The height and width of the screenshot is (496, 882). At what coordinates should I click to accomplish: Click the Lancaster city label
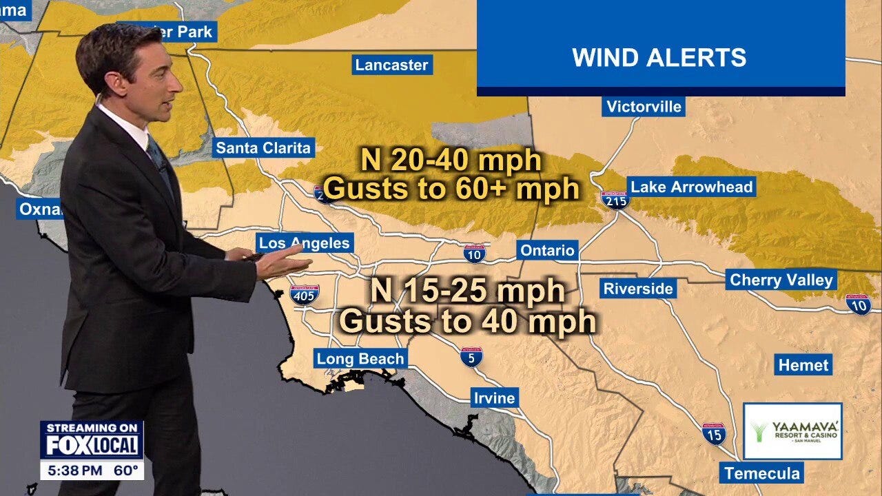391,65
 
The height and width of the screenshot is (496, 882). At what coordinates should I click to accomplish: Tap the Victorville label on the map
644,107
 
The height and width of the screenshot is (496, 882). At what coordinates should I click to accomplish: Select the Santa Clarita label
263,148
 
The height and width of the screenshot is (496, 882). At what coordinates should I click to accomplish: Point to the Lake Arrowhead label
691,187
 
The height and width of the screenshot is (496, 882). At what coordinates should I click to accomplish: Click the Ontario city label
547,250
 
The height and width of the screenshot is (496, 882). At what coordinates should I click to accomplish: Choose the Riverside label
637,289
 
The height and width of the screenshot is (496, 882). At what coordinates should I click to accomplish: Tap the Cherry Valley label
781,280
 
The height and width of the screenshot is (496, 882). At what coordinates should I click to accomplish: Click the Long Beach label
360,359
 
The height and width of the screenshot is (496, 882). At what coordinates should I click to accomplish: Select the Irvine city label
493,398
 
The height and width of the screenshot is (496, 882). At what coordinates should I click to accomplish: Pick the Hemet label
803,365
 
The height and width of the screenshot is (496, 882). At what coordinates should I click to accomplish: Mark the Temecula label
761,473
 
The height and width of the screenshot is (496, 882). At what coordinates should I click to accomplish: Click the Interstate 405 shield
304,296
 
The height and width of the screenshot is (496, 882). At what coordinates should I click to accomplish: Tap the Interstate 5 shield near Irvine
471,356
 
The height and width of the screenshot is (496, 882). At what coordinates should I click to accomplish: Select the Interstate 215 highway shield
615,200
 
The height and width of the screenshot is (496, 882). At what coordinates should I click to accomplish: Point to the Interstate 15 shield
714,434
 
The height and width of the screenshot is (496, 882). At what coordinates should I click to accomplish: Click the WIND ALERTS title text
659,58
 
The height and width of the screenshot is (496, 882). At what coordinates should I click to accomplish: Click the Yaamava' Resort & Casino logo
792,431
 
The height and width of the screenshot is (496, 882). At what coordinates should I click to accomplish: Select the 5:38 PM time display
74,472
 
